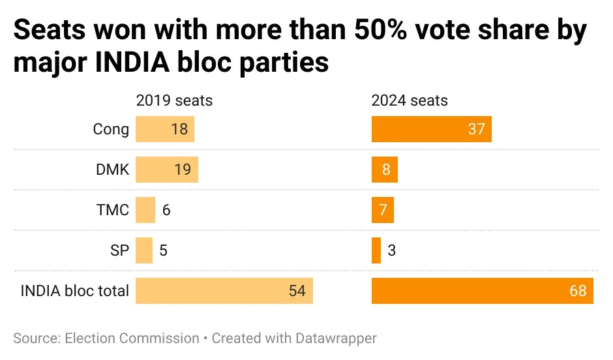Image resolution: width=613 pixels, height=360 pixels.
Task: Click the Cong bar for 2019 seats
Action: click(x=164, y=129)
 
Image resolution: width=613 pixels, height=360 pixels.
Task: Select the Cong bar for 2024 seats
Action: click(x=431, y=129)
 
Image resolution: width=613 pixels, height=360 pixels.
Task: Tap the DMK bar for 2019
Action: click(x=166, y=170)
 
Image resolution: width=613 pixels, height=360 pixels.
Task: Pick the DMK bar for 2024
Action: click(x=384, y=170)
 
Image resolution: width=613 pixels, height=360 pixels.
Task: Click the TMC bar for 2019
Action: click(x=145, y=210)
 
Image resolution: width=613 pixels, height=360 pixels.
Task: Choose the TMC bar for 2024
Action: click(x=382, y=210)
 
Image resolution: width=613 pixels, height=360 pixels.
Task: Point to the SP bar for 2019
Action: click(x=143, y=250)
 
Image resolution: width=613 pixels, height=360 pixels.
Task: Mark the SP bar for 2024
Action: click(x=376, y=250)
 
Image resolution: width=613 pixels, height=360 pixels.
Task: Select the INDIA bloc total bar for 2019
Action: click(x=224, y=291)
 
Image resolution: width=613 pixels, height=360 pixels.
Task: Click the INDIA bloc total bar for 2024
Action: click(x=482, y=291)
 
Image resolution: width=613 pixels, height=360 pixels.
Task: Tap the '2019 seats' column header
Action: click(x=174, y=100)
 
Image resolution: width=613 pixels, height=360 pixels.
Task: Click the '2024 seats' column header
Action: click(x=410, y=100)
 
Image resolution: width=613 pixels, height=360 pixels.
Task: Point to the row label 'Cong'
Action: click(x=111, y=129)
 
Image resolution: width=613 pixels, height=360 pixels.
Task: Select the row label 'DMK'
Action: click(x=112, y=170)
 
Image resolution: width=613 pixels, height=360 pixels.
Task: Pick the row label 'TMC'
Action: click(x=112, y=210)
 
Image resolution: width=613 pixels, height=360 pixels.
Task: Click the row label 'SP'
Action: click(x=119, y=250)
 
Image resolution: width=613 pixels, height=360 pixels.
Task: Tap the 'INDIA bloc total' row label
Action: click(x=74, y=291)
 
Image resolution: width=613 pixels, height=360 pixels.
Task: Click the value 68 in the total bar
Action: click(x=578, y=291)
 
